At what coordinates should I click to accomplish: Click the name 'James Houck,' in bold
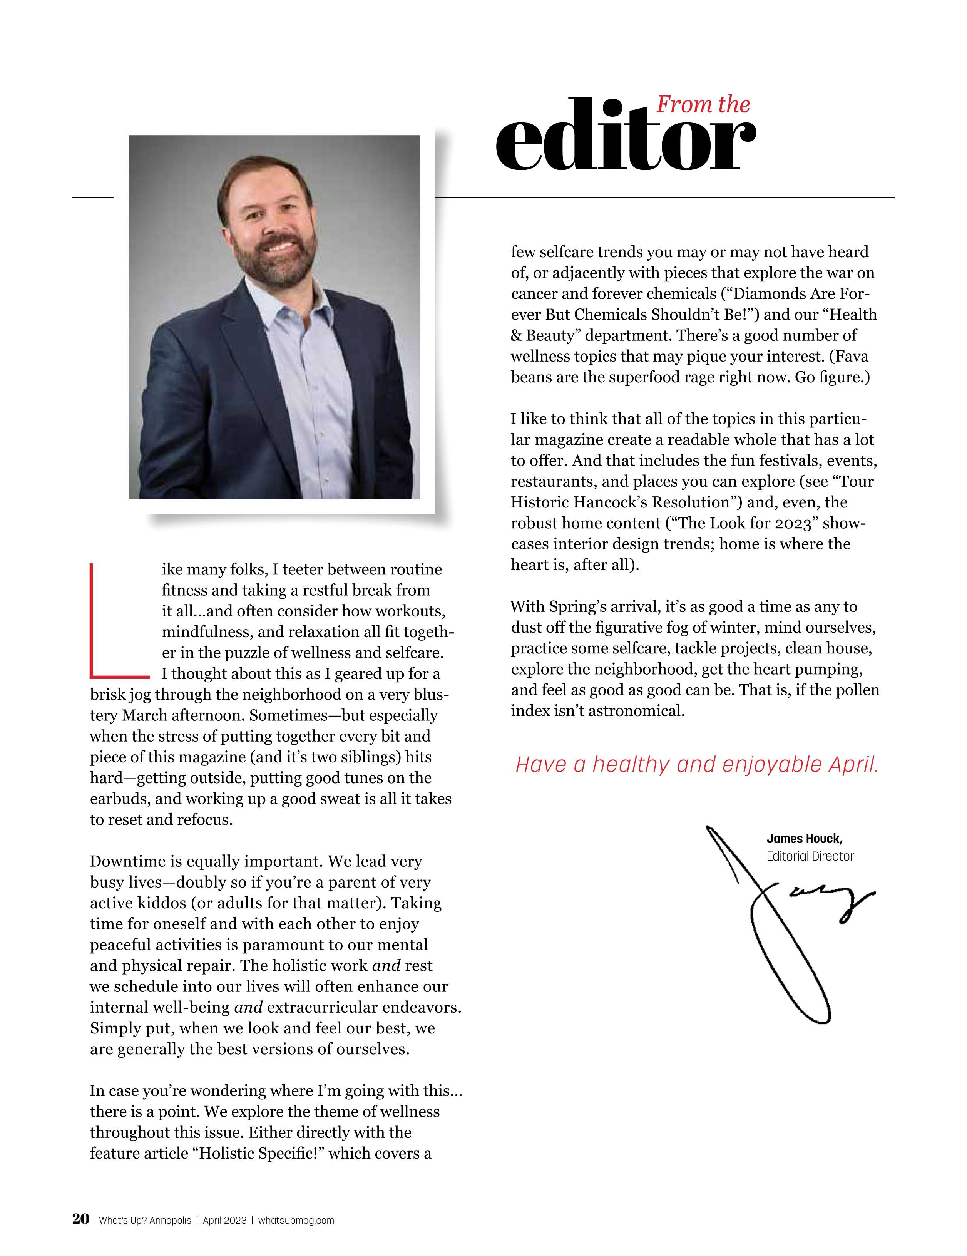[x=804, y=839]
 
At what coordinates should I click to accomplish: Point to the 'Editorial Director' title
[x=810, y=856]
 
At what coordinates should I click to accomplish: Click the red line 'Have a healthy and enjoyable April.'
[x=696, y=765]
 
